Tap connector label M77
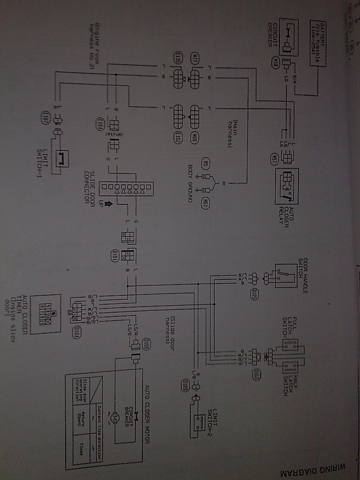pos(195,59)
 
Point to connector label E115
pos(178,59)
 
